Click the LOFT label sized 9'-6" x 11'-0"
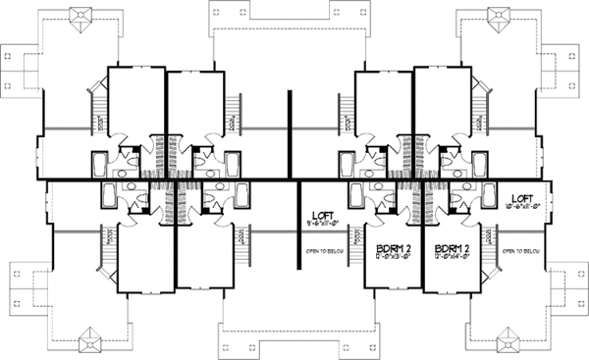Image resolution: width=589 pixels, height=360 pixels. tap(321, 216)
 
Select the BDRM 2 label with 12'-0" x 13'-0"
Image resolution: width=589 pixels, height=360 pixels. tap(390, 249)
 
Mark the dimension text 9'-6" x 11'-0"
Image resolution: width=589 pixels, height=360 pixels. tap(321, 226)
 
